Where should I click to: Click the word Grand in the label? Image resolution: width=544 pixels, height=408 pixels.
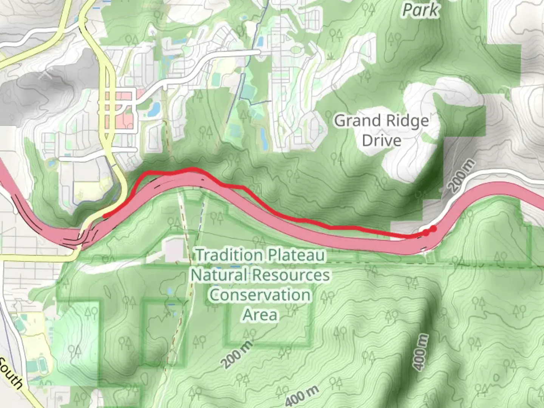[357, 121]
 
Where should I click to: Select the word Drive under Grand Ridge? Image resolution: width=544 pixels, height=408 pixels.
[382, 141]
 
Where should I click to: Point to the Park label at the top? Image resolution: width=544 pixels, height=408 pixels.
[421, 10]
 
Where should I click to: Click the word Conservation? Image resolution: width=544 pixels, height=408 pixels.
[260, 295]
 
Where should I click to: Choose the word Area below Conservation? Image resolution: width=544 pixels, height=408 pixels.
[260, 315]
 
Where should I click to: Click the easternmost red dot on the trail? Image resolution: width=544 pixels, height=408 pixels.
[433, 229]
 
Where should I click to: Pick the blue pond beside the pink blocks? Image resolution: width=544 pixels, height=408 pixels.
[154, 109]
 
